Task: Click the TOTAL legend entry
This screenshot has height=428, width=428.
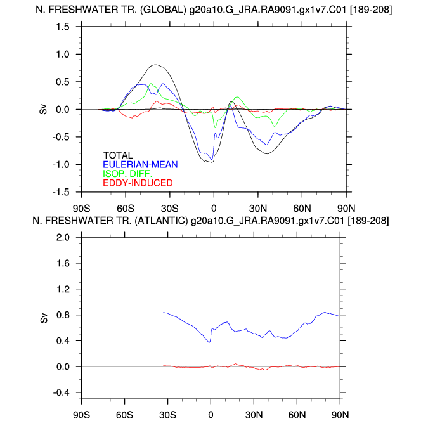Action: (117, 155)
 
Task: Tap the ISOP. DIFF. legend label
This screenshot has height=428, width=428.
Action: (127, 174)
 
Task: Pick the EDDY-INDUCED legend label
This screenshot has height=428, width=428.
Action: (138, 183)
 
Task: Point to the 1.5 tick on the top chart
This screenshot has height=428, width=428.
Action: (62, 27)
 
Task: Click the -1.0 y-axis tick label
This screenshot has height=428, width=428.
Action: (60, 164)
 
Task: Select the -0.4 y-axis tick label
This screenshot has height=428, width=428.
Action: (60, 392)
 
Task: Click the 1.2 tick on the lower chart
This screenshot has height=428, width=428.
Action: (62, 289)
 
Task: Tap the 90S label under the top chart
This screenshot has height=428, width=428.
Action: (81, 208)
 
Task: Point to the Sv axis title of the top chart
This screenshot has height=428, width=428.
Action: (43, 109)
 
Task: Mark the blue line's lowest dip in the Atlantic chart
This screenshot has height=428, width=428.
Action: (209, 342)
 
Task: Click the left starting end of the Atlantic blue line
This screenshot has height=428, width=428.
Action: (164, 312)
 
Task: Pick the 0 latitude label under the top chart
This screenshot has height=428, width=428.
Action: (214, 208)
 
